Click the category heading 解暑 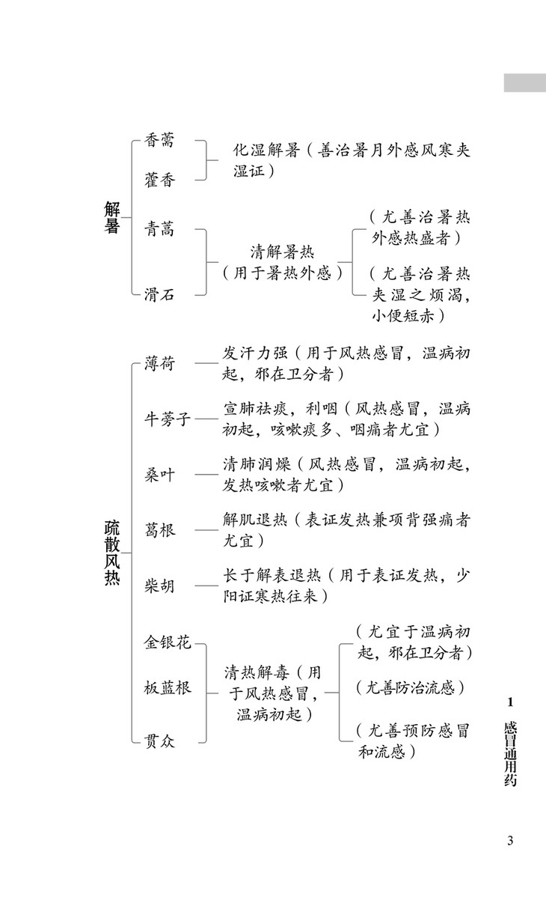(x=111, y=217)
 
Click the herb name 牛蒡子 (x=168, y=419)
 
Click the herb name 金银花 (x=168, y=642)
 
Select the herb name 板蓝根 (x=168, y=687)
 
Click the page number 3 (x=510, y=840)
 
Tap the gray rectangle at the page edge (x=524, y=82)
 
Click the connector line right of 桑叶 (x=206, y=474)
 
